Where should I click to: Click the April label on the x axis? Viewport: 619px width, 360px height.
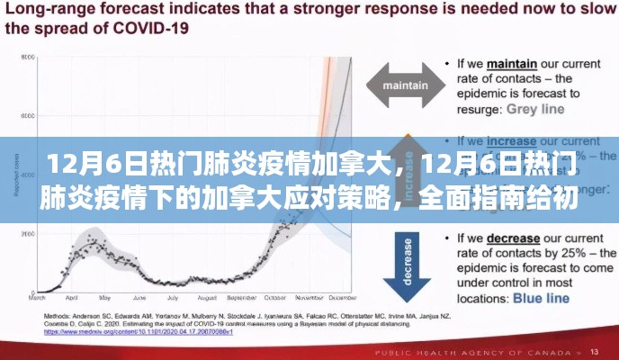click(x=72, y=297)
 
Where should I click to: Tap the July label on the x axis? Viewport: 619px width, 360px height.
click(x=166, y=297)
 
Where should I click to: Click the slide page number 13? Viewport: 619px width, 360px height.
click(x=596, y=350)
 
